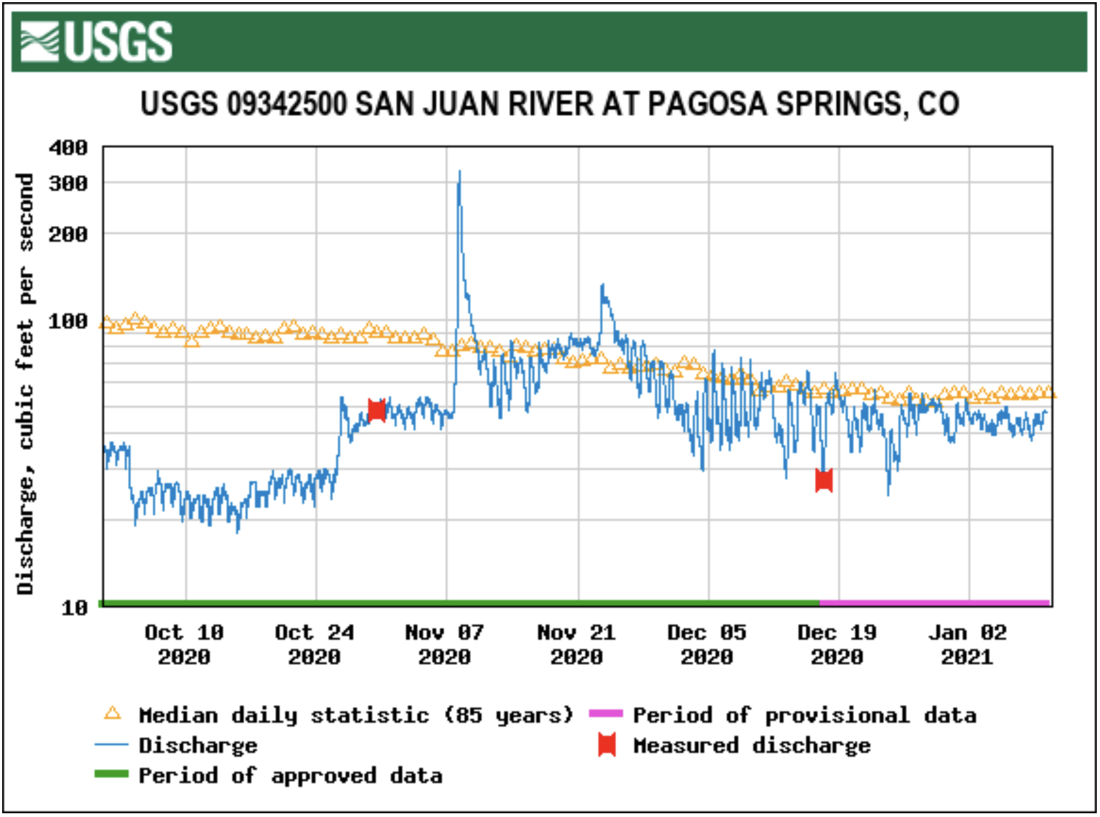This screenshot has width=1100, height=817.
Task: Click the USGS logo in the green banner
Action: pos(96,41)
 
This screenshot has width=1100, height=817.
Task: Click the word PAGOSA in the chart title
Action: pos(706,103)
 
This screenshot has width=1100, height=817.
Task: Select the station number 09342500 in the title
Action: pos(286,103)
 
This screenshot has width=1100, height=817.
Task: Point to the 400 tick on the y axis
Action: pos(68,148)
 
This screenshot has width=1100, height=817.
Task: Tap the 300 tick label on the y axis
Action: pos(68,184)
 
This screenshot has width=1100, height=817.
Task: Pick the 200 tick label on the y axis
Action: pos(68,234)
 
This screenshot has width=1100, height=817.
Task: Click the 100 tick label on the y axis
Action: pos(68,322)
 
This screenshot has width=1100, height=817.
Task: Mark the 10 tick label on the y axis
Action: pos(74,608)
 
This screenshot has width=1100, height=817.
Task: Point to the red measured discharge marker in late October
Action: pos(376,411)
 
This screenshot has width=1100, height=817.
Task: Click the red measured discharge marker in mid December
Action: pos(823,480)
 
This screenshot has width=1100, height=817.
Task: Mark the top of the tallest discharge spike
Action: pos(459,172)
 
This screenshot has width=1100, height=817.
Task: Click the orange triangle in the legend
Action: pos(112,714)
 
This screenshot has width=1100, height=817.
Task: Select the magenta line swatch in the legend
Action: pos(606,714)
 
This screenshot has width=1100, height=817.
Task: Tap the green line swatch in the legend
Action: pos(112,774)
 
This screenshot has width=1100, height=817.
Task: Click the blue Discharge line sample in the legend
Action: pos(112,745)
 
